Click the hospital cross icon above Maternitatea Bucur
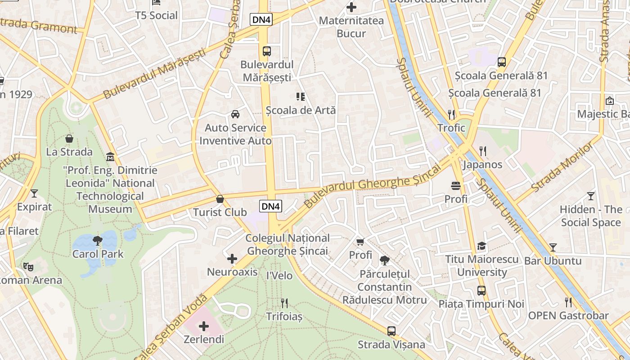click(351, 7)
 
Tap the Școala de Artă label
click(301, 110)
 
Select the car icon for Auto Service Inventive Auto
click(235, 114)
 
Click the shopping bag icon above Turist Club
click(220, 199)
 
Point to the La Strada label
click(69, 152)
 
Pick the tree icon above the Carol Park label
click(98, 240)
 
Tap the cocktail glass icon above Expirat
click(34, 193)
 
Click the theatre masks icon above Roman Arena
click(28, 267)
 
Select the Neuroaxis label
click(232, 272)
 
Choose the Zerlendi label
click(204, 339)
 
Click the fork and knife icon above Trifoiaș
click(284, 303)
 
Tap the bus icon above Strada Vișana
click(391, 331)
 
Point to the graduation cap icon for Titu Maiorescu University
click(482, 246)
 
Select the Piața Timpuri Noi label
click(481, 304)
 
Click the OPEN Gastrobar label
click(568, 315)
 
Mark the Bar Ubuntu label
click(553, 261)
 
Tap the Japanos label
click(482, 164)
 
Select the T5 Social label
click(157, 15)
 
